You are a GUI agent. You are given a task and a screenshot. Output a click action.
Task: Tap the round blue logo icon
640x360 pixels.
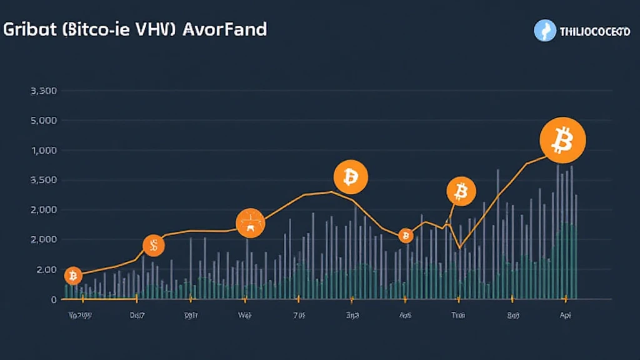(545, 31)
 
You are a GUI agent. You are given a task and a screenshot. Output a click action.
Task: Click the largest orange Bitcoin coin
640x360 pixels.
(562, 139)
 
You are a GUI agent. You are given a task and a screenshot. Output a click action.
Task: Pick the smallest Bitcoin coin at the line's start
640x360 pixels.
(73, 275)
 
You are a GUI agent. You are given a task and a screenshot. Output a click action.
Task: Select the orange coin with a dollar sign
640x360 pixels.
(153, 246)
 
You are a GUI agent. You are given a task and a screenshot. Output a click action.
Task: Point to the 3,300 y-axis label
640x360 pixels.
(44, 91)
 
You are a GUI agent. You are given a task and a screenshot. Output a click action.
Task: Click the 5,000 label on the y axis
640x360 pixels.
(44, 120)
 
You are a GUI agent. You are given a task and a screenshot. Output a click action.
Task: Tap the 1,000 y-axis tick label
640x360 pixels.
(44, 150)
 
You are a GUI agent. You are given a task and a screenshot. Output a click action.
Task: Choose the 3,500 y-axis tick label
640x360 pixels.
(44, 180)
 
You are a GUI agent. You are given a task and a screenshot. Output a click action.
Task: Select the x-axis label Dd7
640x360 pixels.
(137, 316)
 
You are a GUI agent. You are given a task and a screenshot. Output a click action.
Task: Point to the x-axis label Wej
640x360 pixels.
(245, 316)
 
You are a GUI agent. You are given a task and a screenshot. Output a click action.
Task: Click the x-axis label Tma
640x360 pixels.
(458, 316)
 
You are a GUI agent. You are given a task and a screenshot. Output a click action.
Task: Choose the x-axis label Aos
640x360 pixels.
(405, 316)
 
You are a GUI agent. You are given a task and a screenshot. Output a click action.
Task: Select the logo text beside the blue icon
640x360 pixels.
(595, 31)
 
